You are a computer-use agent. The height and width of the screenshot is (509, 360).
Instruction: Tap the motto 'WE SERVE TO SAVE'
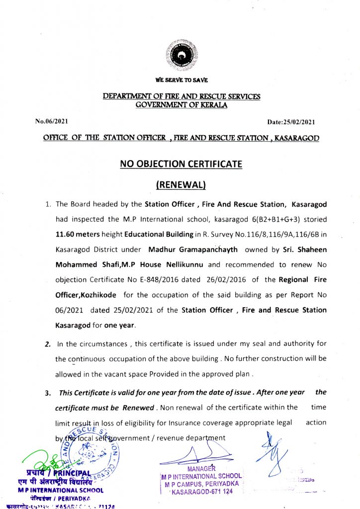181,80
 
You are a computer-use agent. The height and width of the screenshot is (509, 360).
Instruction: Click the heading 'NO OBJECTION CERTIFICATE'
180,164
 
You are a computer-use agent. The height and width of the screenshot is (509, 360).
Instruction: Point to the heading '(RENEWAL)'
181,184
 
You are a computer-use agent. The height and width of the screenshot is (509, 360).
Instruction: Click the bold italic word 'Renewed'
138,408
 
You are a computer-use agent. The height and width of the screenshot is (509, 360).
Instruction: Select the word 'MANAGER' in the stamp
201,468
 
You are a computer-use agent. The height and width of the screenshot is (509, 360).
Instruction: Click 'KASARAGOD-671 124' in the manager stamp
201,492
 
